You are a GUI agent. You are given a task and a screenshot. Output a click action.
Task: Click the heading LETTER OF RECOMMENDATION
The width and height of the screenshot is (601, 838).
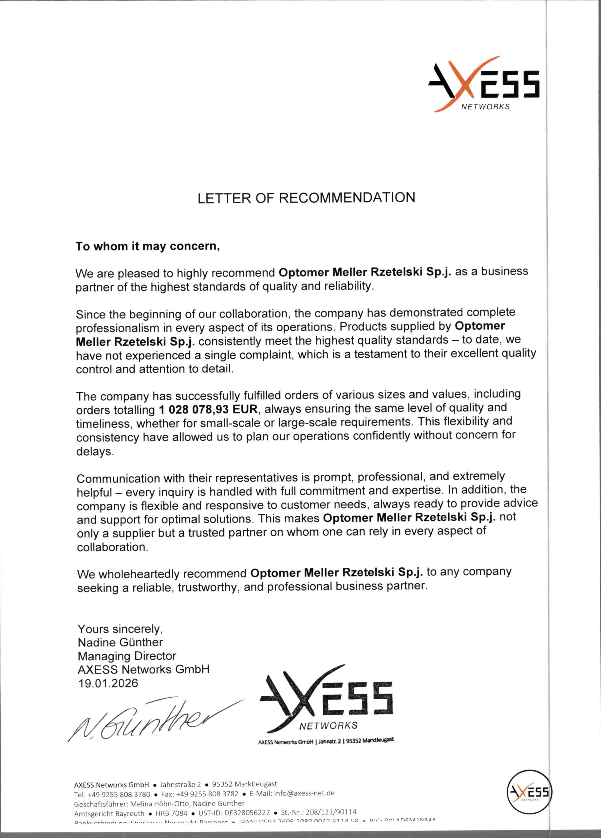coord(306,198)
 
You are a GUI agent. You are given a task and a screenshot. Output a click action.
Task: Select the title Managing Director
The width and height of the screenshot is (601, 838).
coord(127,656)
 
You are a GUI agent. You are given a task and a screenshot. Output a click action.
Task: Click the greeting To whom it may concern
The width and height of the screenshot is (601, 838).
coord(147,246)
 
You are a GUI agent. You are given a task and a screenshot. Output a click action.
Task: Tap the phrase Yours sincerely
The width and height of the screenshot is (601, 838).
coord(120,629)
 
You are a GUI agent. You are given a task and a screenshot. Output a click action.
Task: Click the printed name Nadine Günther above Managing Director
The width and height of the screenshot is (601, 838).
coord(120,642)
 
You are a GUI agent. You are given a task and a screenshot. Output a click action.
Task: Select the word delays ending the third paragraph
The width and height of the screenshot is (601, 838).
coord(95,451)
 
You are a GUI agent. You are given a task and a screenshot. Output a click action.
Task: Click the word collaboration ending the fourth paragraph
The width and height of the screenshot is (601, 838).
coord(112,547)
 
